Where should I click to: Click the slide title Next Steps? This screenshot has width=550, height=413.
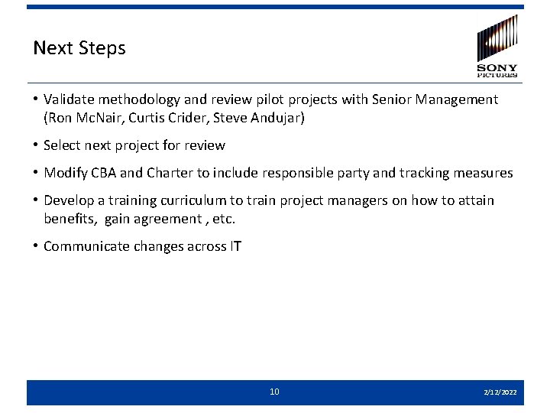pyautogui.click(x=79, y=48)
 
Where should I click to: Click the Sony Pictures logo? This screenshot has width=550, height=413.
pyautogui.click(x=497, y=47)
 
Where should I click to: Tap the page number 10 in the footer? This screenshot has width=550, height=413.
pyautogui.click(x=274, y=392)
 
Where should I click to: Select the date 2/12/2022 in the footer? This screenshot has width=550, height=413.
pyautogui.click(x=500, y=392)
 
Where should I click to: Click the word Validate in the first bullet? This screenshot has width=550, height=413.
pyautogui.click(x=70, y=99)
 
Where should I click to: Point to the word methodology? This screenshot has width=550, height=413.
pyautogui.click(x=138, y=99)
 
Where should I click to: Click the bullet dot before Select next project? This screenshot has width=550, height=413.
pyautogui.click(x=37, y=145)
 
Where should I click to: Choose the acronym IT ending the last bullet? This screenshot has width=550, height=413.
pyautogui.click(x=235, y=246)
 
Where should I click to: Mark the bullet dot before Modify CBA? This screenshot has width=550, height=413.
pyautogui.click(x=37, y=173)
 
